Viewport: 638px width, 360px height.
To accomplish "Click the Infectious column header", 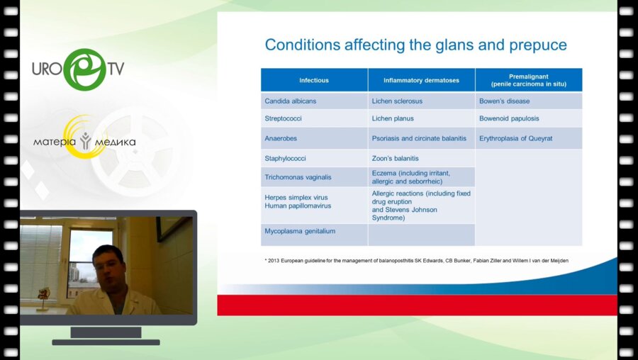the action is click(314, 80).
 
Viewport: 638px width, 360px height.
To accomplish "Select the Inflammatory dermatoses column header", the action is click(421, 80).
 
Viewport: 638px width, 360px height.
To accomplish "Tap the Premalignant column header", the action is click(529, 80).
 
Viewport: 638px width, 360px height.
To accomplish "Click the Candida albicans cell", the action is click(314, 101).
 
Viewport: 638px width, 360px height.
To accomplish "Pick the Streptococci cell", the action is click(314, 118).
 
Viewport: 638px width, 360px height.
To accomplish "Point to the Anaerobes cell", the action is click(314, 138).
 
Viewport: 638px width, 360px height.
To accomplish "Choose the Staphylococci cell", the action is click(314, 158).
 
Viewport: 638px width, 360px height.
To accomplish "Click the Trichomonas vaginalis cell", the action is click(314, 177).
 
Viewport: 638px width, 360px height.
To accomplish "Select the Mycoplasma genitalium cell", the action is click(314, 235).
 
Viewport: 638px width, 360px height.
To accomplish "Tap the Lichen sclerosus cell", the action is click(421, 101).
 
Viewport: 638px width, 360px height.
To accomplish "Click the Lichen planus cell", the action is click(421, 118).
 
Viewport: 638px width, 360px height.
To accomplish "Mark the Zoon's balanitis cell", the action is click(421, 158).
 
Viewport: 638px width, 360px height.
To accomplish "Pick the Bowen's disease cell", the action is click(529, 101).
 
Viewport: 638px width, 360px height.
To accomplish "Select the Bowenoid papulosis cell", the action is click(529, 118).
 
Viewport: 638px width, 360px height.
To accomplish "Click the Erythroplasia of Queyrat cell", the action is click(529, 138).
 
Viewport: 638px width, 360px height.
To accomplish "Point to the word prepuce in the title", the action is click(538, 45).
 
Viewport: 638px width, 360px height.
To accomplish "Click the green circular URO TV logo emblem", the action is click(85, 69).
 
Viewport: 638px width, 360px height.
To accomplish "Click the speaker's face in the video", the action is click(108, 267).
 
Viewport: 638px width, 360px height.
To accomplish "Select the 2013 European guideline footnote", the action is click(416, 260).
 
